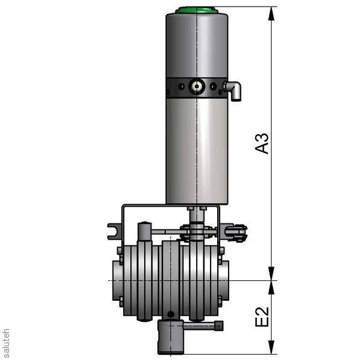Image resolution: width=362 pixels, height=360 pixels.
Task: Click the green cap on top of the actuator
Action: (x=197, y=10)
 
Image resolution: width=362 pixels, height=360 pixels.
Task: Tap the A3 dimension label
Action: (x=262, y=144)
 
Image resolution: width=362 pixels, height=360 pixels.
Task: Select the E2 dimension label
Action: (x=262, y=317)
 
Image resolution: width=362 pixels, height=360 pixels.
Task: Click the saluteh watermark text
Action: (x=5, y=343)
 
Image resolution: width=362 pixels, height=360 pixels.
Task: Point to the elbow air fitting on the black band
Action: (x=233, y=90)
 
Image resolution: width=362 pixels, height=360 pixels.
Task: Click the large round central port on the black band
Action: (x=197, y=86)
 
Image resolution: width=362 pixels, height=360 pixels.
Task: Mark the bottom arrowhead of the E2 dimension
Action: (x=271, y=347)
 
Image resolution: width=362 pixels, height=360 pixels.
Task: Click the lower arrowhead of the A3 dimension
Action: (x=271, y=274)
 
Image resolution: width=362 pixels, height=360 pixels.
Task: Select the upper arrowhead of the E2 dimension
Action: (x=271, y=288)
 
